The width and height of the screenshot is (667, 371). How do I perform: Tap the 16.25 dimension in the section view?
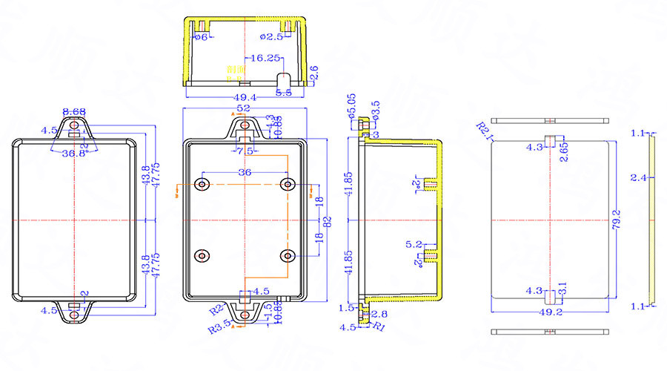click(x=265, y=57)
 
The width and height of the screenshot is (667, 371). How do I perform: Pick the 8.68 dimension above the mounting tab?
click(x=73, y=111)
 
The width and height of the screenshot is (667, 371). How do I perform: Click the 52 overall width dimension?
click(x=243, y=109)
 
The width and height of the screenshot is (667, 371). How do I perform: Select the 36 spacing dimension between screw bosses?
click(x=243, y=173)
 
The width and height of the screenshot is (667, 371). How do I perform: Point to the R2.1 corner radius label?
click(x=485, y=132)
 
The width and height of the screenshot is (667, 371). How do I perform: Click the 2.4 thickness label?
click(x=635, y=177)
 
